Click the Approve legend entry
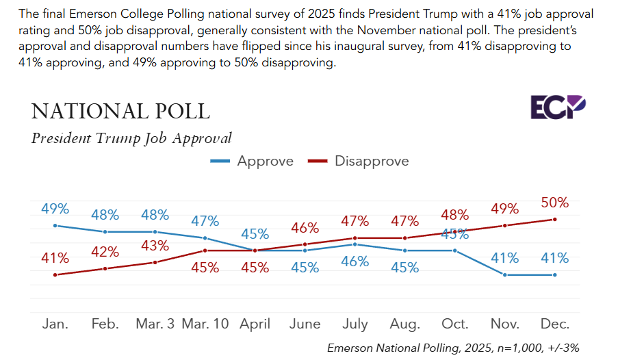point(252,162)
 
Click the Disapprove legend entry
point(358,162)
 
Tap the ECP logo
point(558,107)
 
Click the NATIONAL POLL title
point(120,111)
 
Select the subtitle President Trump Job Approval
point(131,138)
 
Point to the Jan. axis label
point(55,324)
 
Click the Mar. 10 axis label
point(205,324)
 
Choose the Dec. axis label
point(554,324)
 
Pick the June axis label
point(305,324)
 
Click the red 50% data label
point(554,203)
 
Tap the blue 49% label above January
point(55,208)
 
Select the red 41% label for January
point(55,258)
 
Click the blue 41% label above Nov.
point(504,258)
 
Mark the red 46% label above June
point(305,228)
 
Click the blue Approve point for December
point(554,275)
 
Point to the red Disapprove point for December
point(554,219)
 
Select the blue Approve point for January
point(55,225)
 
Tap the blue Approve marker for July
point(355,244)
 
